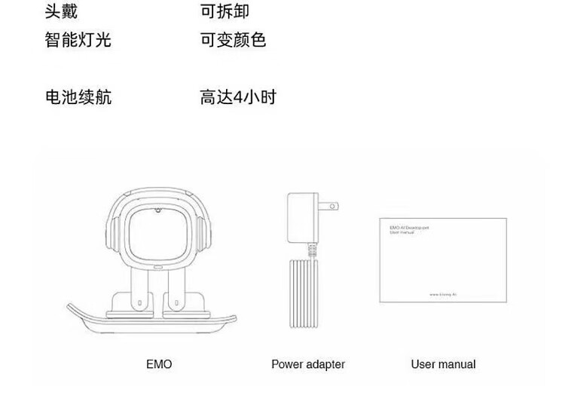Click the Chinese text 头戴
tap(61, 11)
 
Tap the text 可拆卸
tap(224, 11)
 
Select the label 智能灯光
tap(78, 40)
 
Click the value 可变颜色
tap(233, 40)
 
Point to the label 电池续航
tap(78, 97)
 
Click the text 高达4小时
tap(237, 97)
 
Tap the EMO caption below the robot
tap(159, 364)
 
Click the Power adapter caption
tap(307, 364)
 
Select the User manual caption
tap(443, 364)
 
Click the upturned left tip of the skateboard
tap(73, 308)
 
